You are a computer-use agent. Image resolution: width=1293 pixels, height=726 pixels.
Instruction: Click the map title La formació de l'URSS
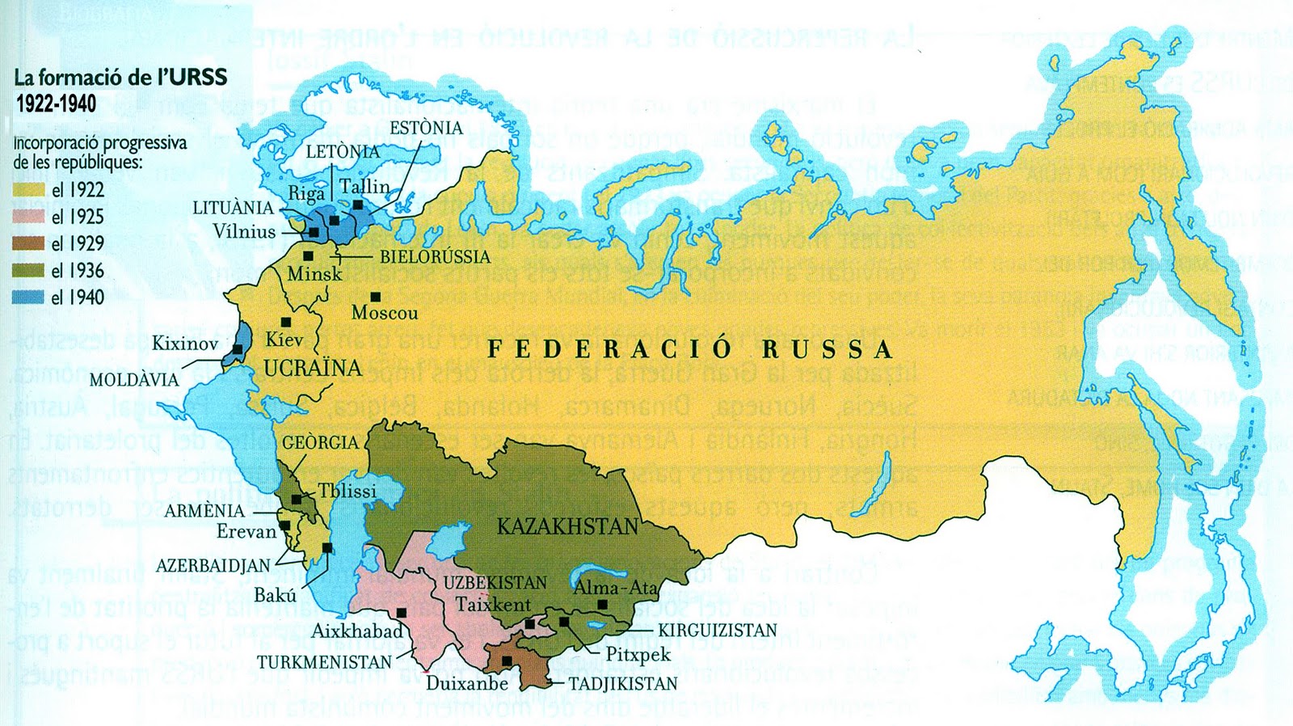(120, 78)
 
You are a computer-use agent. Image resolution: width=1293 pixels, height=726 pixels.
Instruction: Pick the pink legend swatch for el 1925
(28, 217)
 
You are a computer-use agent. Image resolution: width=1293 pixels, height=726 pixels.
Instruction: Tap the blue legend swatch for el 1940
(28, 298)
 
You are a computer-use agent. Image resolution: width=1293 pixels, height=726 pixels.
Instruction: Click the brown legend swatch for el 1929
(28, 243)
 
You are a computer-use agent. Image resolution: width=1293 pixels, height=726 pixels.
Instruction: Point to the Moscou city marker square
(376, 297)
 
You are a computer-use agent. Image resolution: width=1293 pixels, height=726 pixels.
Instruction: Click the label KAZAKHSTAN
(567, 527)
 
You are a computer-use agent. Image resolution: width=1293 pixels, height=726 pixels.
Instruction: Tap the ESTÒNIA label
(426, 129)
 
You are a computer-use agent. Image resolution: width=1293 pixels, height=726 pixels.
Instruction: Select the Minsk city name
(314, 274)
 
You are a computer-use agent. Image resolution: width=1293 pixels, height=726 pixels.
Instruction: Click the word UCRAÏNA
(312, 369)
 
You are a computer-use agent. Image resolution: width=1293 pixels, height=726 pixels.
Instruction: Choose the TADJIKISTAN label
(623, 684)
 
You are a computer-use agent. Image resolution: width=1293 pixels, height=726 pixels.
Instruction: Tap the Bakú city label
(275, 596)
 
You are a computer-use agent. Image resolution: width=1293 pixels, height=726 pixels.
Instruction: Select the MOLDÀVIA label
(134, 379)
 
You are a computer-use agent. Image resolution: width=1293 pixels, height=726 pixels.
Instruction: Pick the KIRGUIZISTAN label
(717, 631)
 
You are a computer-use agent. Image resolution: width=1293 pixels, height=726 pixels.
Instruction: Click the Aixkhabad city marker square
(401, 613)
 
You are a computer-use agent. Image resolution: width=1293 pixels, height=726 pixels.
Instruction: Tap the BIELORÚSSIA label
(435, 257)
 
